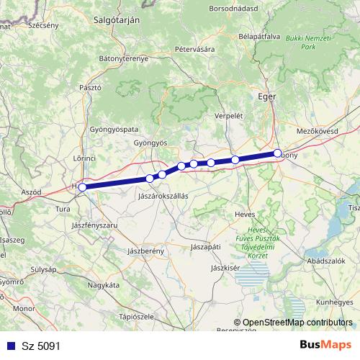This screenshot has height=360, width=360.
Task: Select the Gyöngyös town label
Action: coord(150,143)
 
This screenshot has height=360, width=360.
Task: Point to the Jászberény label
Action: coord(146,251)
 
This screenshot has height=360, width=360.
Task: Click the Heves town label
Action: coord(246,214)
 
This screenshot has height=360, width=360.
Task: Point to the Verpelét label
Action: coord(230,115)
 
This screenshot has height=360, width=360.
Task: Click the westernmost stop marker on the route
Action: coord(83,187)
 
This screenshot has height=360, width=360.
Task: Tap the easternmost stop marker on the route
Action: coord(277,153)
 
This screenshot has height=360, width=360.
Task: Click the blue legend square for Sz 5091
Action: coord(10,346)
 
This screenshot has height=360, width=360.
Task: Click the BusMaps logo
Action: coord(325,345)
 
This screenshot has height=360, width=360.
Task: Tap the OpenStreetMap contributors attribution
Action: coord(294,323)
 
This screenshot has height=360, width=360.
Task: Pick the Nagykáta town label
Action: coord(102,285)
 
